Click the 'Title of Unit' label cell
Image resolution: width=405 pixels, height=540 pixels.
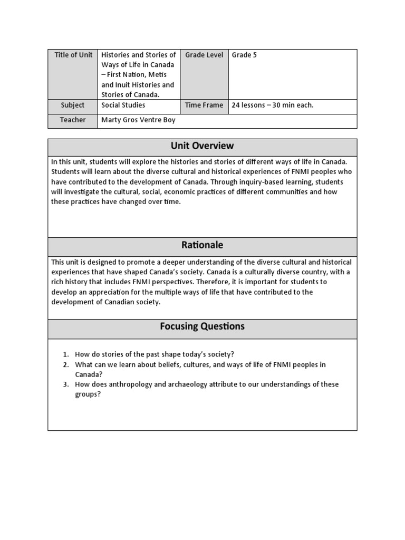(x=73, y=55)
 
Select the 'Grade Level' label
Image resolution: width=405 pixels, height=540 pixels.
(x=204, y=55)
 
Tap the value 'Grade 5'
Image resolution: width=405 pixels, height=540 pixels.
(x=244, y=55)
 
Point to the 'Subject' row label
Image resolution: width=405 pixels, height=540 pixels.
(x=73, y=105)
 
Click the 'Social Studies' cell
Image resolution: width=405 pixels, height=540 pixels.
(x=123, y=105)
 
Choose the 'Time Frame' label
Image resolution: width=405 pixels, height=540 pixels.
(x=204, y=105)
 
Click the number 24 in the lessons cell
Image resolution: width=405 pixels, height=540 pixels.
(x=236, y=105)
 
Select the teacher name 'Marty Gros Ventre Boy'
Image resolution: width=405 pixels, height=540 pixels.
(x=138, y=120)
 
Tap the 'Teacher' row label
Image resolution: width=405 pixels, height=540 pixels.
(x=73, y=120)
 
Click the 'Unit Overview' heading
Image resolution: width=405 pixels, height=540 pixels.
(x=202, y=146)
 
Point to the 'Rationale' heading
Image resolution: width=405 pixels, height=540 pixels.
(x=202, y=245)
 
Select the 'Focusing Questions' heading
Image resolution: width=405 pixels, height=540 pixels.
(x=202, y=326)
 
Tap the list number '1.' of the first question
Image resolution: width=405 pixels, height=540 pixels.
(x=66, y=355)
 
